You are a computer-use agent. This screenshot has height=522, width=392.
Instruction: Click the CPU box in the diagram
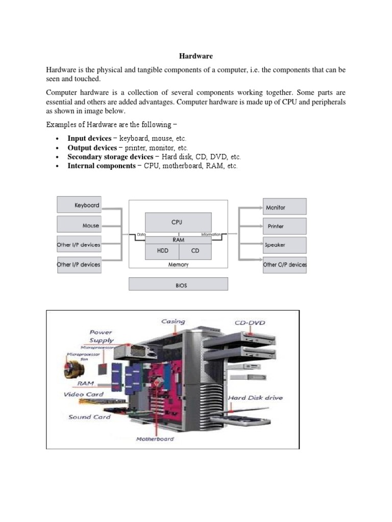coord(178,222)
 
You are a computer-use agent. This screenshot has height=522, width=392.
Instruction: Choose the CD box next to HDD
coord(195,251)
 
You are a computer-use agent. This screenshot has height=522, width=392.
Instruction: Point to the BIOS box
coord(178,285)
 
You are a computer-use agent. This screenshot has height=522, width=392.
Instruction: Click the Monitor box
coord(284,207)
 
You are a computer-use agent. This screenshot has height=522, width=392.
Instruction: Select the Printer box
coord(284,226)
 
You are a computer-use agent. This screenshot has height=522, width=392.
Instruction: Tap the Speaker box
coord(284,245)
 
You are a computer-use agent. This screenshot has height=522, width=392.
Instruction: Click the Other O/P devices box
coord(285,265)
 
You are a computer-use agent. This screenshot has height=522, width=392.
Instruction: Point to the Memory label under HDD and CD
coord(178,265)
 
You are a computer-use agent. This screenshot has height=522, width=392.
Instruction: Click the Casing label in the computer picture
coord(173,322)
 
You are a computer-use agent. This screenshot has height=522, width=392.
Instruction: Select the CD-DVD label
coord(250,323)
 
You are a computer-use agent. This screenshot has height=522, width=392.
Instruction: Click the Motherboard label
coord(155,439)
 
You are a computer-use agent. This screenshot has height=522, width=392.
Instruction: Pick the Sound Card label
coord(89,417)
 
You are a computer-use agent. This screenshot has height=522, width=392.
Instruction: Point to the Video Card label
coord(84,395)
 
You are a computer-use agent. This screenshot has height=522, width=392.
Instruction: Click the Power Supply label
coord(102,336)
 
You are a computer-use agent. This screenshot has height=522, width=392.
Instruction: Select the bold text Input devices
coord(89,138)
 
